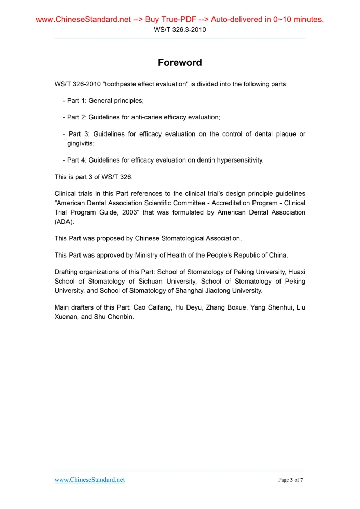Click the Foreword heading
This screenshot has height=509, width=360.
click(x=180, y=63)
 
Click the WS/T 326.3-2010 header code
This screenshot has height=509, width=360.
click(x=180, y=30)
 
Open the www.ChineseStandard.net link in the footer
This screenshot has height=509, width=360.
click(x=89, y=480)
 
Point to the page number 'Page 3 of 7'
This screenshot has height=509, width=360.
click(x=290, y=480)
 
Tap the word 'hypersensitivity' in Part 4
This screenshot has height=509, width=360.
click(x=238, y=160)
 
